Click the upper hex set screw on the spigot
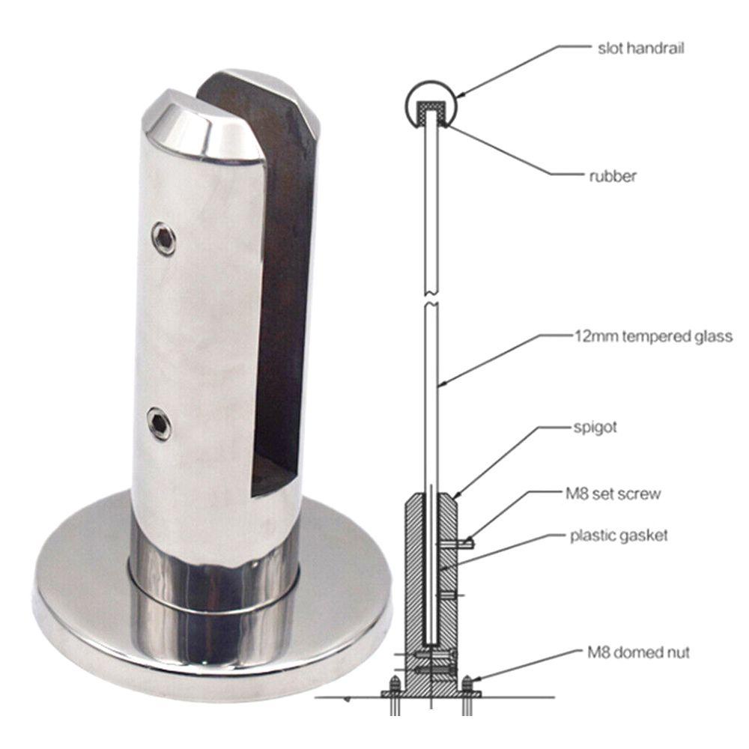click(163, 239)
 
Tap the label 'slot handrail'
click(640, 48)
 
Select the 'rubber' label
click(613, 176)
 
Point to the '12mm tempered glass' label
click(653, 336)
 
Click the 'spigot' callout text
click(595, 428)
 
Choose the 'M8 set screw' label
click(613, 494)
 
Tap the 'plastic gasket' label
click(619, 536)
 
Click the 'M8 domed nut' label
click(638, 652)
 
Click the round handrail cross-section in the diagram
click(431, 83)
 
